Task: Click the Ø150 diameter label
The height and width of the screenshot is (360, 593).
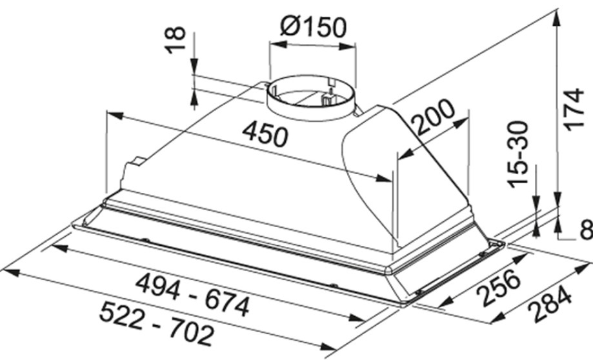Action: tap(313, 26)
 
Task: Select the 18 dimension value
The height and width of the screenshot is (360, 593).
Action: tap(176, 40)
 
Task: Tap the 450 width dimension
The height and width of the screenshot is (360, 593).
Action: tap(265, 134)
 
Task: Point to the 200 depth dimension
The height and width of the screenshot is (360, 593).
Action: tap(433, 117)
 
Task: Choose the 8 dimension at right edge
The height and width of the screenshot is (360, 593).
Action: tap(587, 230)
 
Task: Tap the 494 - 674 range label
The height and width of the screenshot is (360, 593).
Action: tap(193, 295)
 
